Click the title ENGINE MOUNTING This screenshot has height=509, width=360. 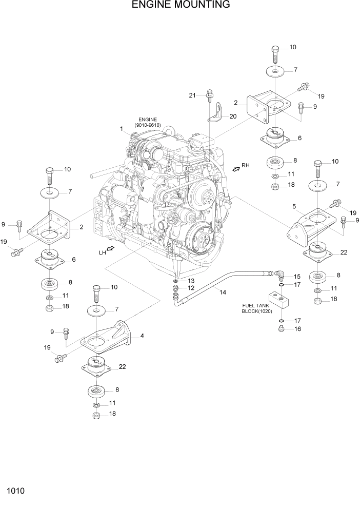[180, 6]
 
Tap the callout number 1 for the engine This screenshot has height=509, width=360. [122, 129]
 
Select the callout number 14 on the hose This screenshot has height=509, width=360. [223, 292]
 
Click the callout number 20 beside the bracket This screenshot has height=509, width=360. [233, 116]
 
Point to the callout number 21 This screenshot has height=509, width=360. [193, 95]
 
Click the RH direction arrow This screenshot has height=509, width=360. [236, 169]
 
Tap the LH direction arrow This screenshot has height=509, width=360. [109, 249]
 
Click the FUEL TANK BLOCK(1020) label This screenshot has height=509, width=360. [257, 308]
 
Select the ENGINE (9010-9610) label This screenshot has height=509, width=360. [147, 122]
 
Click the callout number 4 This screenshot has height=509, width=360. [142, 336]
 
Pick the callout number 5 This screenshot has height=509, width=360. [294, 206]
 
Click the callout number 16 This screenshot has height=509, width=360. [297, 329]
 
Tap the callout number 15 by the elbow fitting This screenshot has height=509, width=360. [297, 277]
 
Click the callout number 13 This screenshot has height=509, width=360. [191, 281]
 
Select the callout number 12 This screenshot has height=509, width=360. [191, 288]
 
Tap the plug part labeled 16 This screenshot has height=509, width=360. [282, 329]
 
